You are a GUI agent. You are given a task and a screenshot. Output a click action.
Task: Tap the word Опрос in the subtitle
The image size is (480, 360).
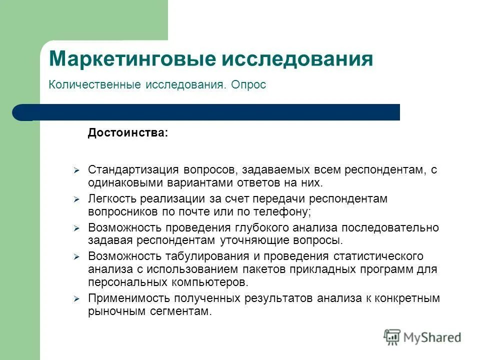[248, 85]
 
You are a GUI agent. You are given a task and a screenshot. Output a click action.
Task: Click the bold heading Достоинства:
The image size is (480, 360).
[128, 133]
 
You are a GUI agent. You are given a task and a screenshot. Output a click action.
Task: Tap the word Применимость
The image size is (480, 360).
[123, 298]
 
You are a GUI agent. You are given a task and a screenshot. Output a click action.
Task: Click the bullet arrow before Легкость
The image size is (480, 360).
[76, 199]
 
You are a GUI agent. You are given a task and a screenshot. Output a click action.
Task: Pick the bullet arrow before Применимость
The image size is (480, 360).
[76, 299]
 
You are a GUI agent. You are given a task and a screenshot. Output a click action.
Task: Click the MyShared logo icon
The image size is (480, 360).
[392, 337]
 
